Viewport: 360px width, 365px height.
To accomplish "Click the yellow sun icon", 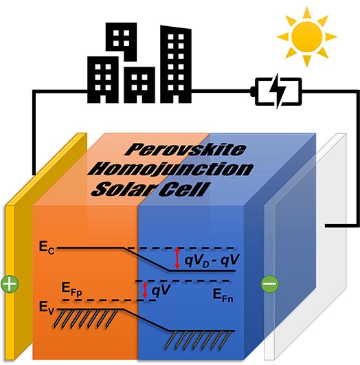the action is click(306, 36).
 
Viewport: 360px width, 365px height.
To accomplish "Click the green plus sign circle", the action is click(10, 284).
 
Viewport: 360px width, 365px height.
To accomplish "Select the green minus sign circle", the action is click(270, 284).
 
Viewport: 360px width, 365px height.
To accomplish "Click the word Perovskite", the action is click(185, 150).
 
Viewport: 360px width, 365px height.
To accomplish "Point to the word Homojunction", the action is click(171, 170).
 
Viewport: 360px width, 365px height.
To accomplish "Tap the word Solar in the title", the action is click(124, 189).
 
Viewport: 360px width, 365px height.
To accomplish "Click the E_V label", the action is click(46, 308).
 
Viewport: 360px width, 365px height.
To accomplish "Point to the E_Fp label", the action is click(71, 289).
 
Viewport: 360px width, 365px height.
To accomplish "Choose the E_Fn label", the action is click(223, 295).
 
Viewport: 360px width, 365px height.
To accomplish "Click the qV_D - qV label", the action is click(212, 261).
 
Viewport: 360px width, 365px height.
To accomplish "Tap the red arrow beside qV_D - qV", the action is click(177, 258).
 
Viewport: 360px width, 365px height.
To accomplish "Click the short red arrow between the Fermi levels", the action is click(145, 290).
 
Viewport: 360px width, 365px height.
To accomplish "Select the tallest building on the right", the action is click(176, 65).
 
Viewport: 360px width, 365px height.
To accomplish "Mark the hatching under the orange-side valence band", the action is click(87, 319).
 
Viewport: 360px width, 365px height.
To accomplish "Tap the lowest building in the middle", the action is click(139, 85).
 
